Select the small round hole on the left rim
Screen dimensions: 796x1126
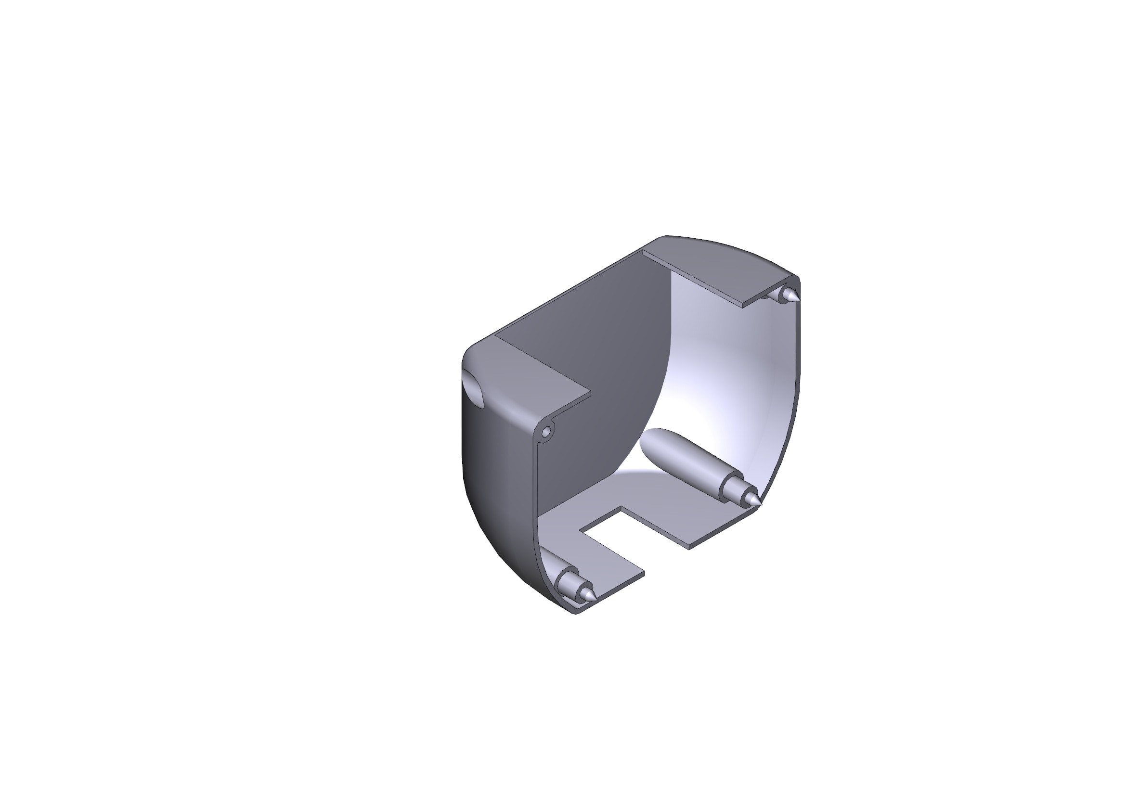coord(547,432)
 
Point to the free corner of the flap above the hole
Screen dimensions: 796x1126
coord(590,393)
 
